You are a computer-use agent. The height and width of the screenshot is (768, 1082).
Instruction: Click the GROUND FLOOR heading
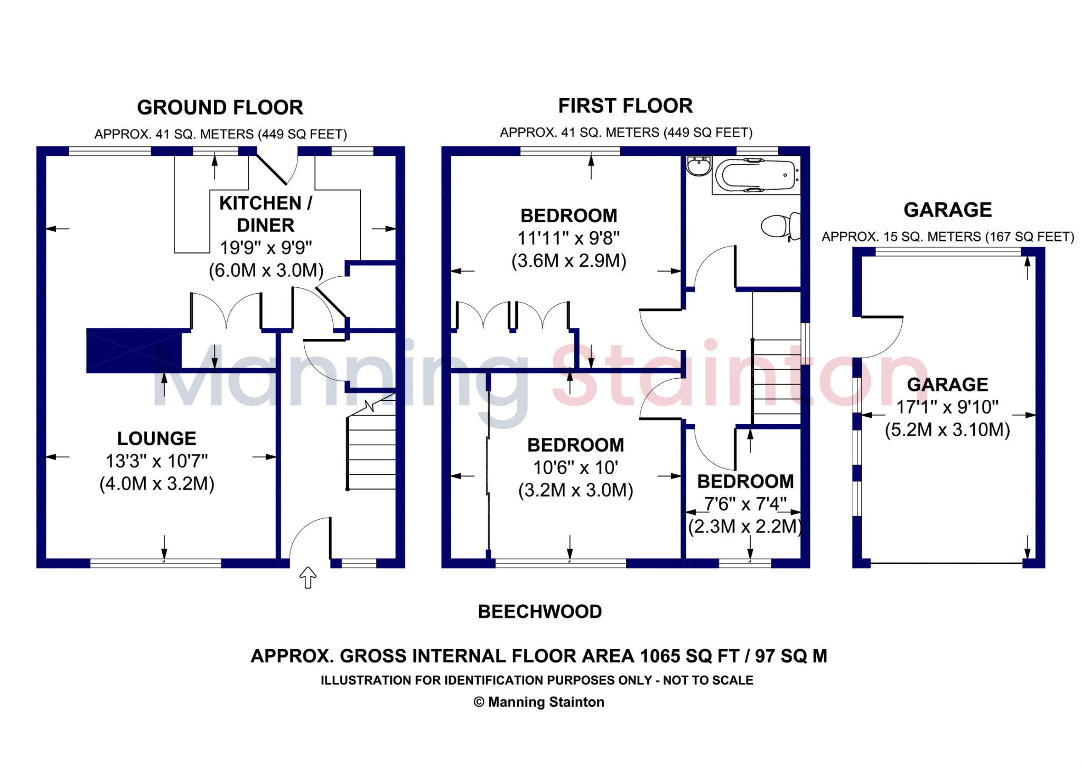(x=220, y=107)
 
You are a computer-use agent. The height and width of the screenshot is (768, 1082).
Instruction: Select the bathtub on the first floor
(x=755, y=175)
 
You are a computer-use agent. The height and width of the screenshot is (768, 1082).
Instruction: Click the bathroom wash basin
(x=698, y=166)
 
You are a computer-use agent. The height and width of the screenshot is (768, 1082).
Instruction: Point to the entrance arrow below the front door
(x=307, y=577)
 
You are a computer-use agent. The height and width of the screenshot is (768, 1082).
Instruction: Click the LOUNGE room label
(x=156, y=438)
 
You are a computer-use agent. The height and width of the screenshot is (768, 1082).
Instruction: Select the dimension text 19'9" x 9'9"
(x=266, y=247)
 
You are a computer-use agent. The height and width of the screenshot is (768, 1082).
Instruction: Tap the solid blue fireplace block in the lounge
(x=134, y=350)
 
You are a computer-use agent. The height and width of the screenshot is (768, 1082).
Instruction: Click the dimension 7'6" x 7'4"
(x=745, y=504)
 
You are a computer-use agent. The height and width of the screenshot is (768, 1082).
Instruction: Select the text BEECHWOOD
(x=539, y=612)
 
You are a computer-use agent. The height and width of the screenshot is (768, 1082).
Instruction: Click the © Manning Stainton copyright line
(x=538, y=702)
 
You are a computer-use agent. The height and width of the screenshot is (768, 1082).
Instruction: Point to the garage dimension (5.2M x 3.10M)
(x=947, y=429)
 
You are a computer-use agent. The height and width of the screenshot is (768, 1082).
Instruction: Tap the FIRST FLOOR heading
(x=625, y=106)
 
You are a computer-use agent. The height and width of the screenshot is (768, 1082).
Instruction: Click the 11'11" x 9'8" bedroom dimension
(x=568, y=238)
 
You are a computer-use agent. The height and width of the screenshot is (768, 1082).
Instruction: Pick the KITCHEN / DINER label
(x=265, y=214)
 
